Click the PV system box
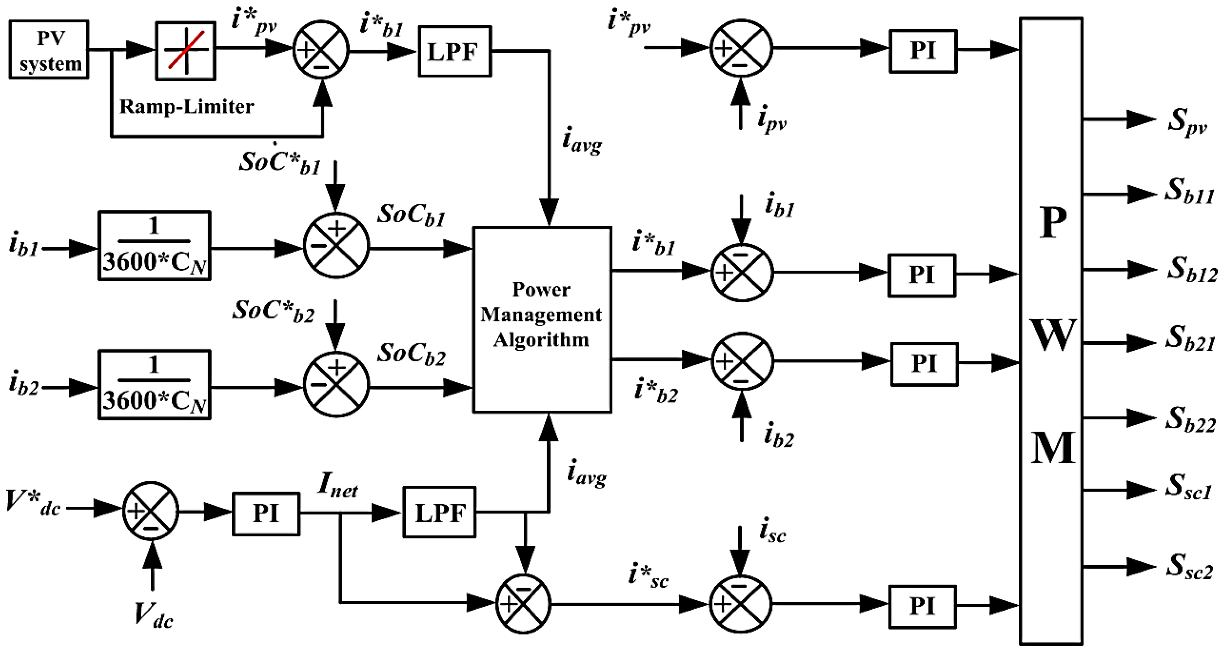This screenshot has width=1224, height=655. (x=48, y=50)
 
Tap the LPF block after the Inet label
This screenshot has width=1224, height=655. (x=439, y=512)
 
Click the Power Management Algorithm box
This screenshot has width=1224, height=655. (x=542, y=319)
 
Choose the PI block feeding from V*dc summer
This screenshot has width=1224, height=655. (x=266, y=514)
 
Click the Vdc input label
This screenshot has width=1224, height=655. (x=153, y=615)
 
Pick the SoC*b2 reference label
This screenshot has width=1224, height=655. (x=273, y=312)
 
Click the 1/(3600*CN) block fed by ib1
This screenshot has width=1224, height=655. (x=155, y=246)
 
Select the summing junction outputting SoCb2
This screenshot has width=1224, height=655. (x=336, y=384)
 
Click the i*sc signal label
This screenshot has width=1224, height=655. (x=648, y=575)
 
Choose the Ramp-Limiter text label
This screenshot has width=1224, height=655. (x=186, y=106)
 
